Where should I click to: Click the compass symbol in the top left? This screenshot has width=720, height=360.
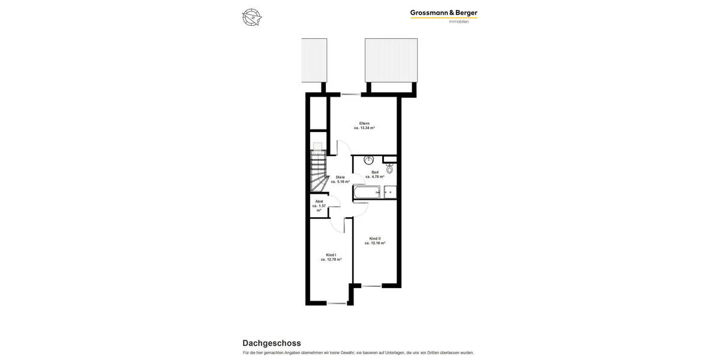pos(252,17)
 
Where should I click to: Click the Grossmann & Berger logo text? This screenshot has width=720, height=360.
pos(443,13)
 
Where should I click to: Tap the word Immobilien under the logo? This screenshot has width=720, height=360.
pos(459,22)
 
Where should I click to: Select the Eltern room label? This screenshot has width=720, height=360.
pos(364,123)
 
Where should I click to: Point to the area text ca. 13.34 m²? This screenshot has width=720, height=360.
pos(364,128)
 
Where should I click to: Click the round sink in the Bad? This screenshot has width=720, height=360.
pos(369,160)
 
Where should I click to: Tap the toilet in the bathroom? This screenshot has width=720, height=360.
pos(389,169)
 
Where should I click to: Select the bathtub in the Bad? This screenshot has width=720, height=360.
pos(367,192)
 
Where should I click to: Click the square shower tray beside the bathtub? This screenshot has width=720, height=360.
pos(389,192)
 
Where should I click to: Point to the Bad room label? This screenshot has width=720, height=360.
pos(375,172)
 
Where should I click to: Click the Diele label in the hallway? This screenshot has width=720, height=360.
pos(340,177)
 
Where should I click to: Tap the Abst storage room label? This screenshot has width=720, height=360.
pos(319,201)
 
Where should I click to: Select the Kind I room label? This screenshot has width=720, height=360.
pos(331,255)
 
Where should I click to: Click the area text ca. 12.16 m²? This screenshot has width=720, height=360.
pos(375,243)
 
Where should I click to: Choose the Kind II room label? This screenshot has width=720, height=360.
pos(375,238)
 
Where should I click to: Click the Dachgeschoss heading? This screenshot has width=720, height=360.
pos(272,343)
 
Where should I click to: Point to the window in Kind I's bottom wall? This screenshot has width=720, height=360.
pos(336,303)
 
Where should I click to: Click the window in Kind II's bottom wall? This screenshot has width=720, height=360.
pos(371,286)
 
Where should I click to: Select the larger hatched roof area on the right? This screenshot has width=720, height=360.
pos(391,60)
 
